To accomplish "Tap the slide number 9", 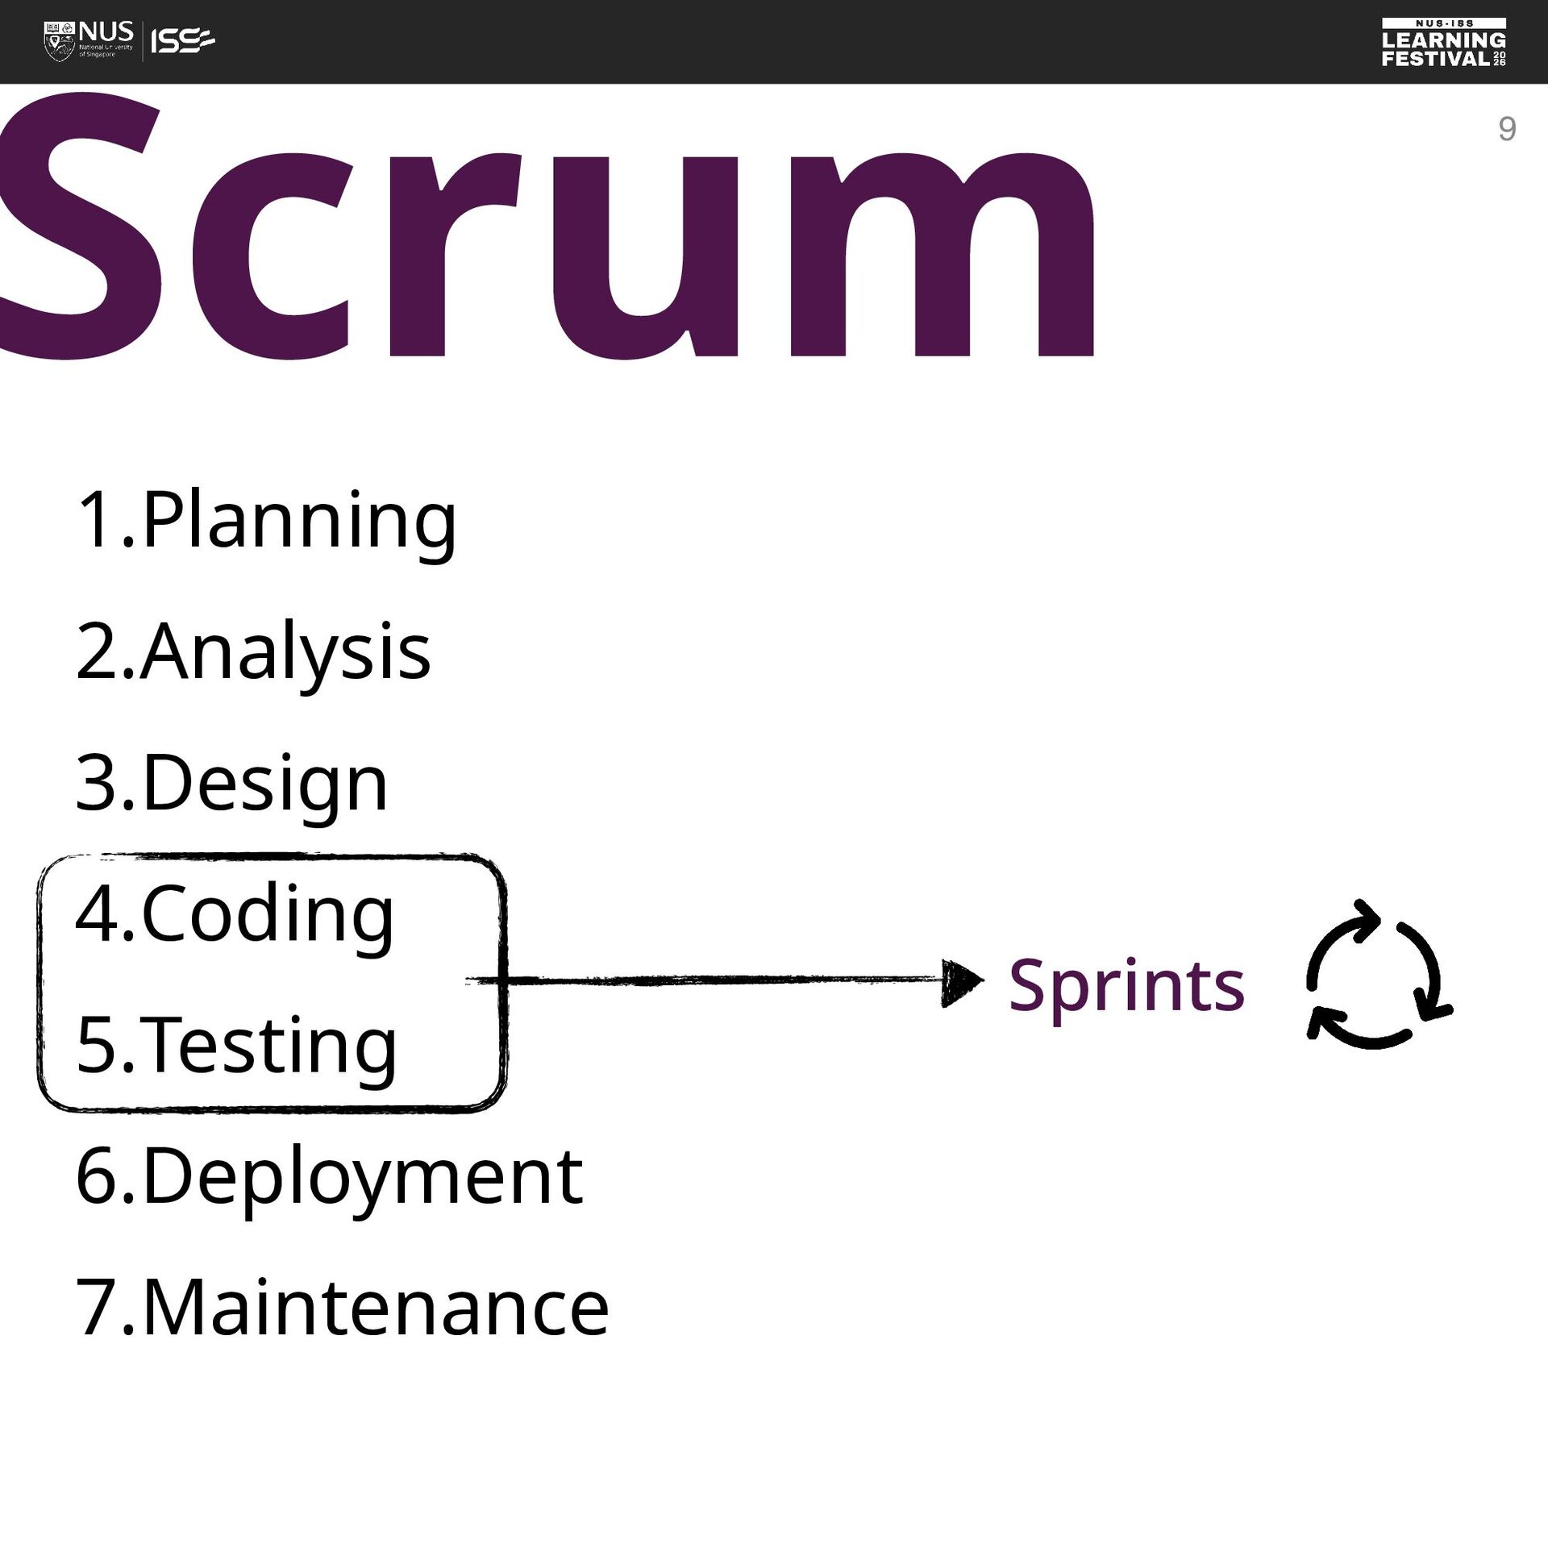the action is [x=1507, y=129].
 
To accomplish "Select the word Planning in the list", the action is [x=299, y=522].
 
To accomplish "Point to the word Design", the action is [x=265, y=784].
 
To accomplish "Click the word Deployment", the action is [x=363, y=1179].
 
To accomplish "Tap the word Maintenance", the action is [x=376, y=1309].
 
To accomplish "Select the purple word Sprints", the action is [x=1126, y=987].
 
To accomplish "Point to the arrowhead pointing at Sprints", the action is [x=963, y=982].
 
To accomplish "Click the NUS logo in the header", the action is [x=89, y=41].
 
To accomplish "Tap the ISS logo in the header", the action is [x=183, y=41].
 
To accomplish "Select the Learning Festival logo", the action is [x=1444, y=42].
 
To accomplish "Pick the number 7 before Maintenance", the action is [x=97, y=1308].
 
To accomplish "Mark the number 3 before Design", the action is [x=96, y=782].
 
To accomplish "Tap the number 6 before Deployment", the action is [x=97, y=1176].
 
